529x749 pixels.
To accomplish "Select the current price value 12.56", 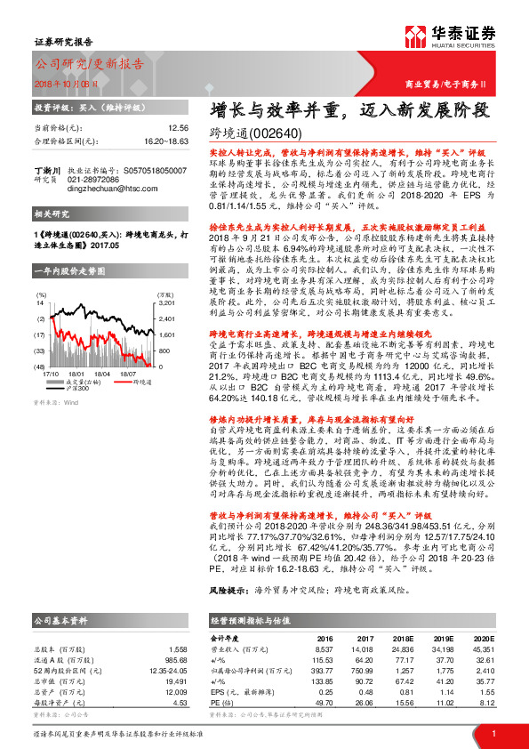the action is [178, 127].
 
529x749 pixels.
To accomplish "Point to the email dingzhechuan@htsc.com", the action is [102, 188].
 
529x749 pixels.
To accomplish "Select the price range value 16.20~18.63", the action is [167, 141].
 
